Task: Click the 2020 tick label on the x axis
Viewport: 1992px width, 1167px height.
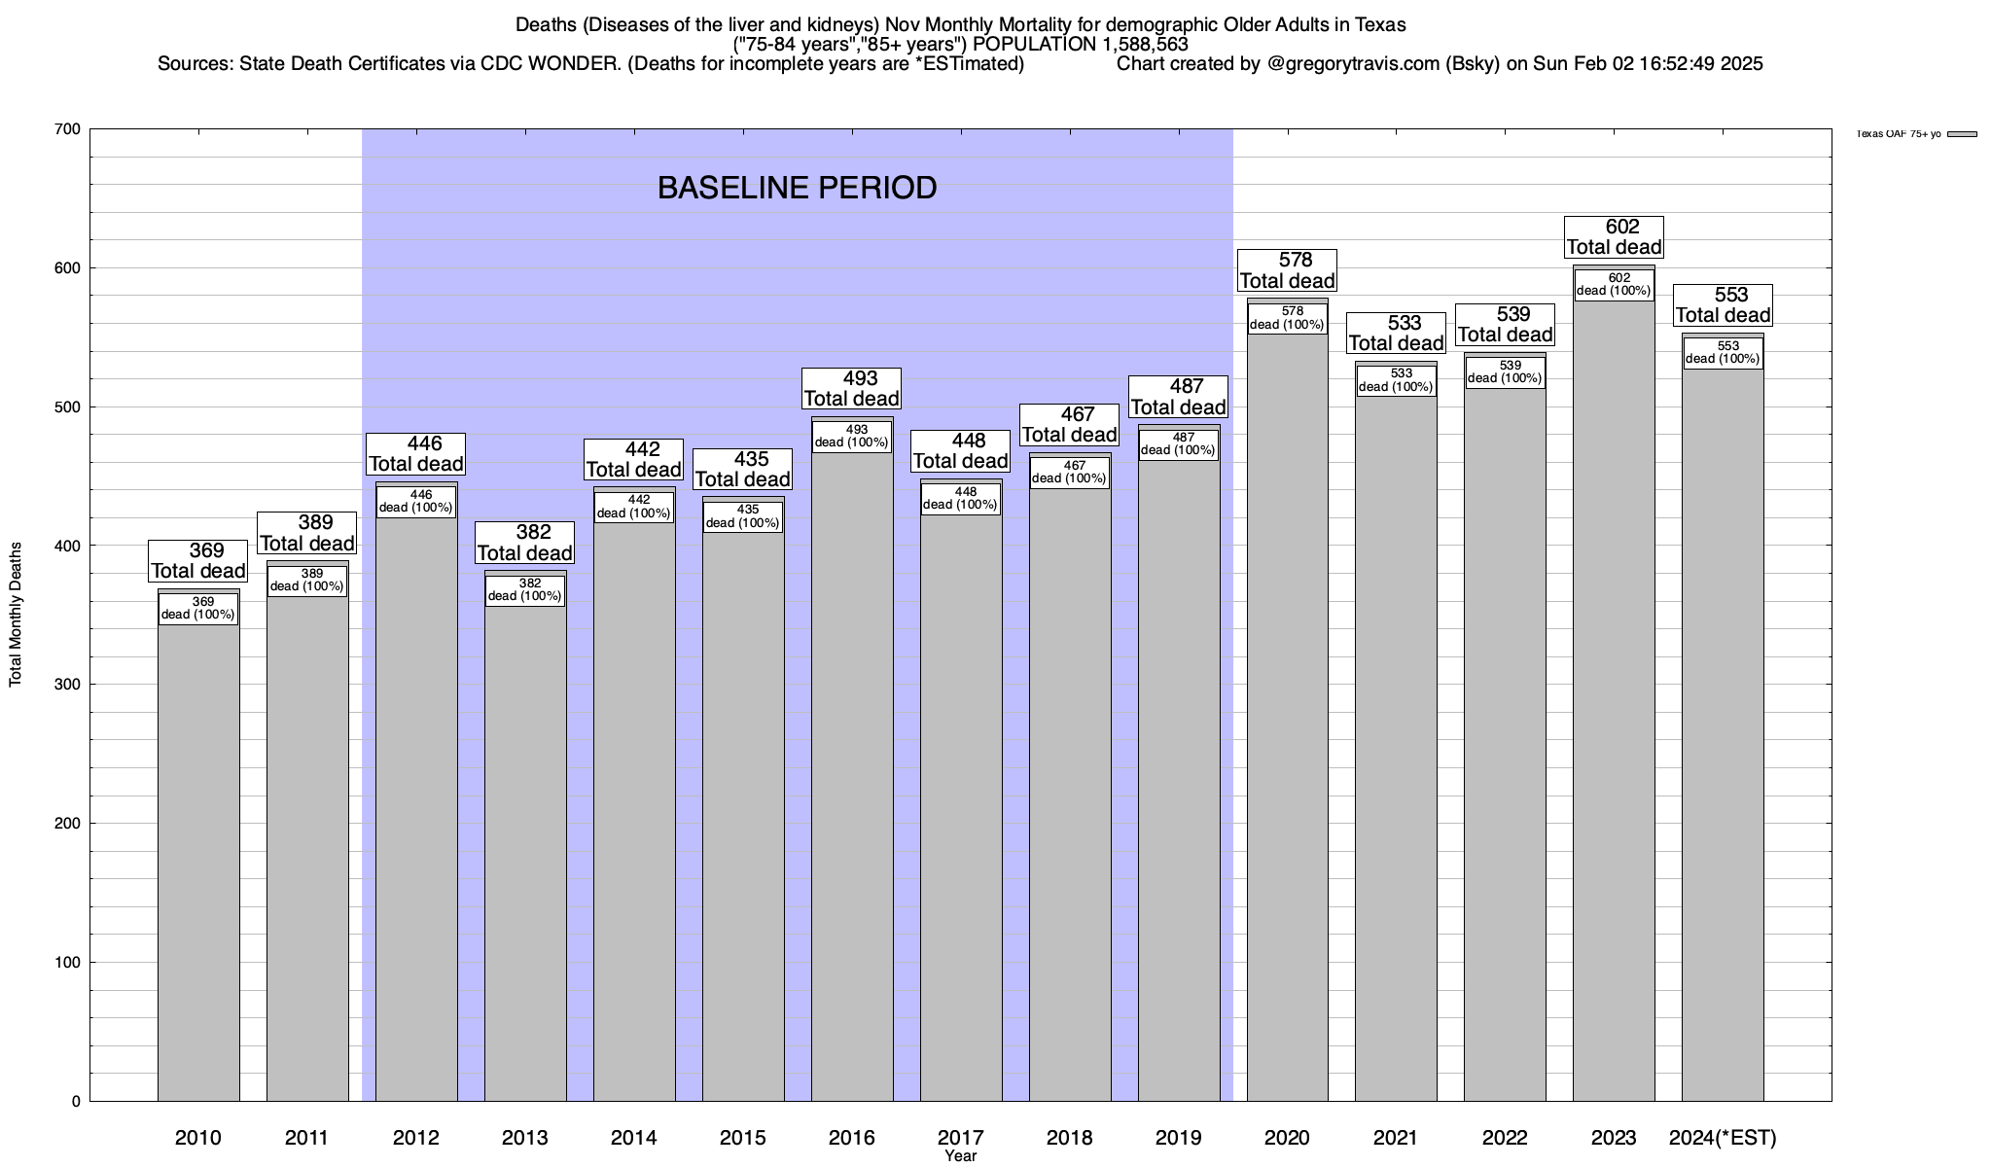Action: click(1287, 1137)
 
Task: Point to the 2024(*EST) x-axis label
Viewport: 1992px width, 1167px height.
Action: click(1723, 1137)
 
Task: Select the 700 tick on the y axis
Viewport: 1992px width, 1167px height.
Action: click(68, 129)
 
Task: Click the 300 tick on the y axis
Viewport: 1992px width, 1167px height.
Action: click(68, 685)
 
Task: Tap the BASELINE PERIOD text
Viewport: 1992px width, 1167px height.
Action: click(797, 188)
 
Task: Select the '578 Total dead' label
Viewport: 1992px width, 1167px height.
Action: click(1287, 271)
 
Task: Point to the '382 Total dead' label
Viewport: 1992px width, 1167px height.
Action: click(525, 543)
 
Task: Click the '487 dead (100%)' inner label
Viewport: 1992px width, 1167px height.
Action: click(1178, 444)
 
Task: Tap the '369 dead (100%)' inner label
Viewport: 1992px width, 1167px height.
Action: click(198, 609)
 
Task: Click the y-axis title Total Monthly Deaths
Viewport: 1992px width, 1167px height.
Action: click(16, 615)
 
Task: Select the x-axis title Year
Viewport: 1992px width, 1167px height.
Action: click(960, 1156)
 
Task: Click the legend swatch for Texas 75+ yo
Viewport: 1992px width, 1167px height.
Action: click(1962, 134)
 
